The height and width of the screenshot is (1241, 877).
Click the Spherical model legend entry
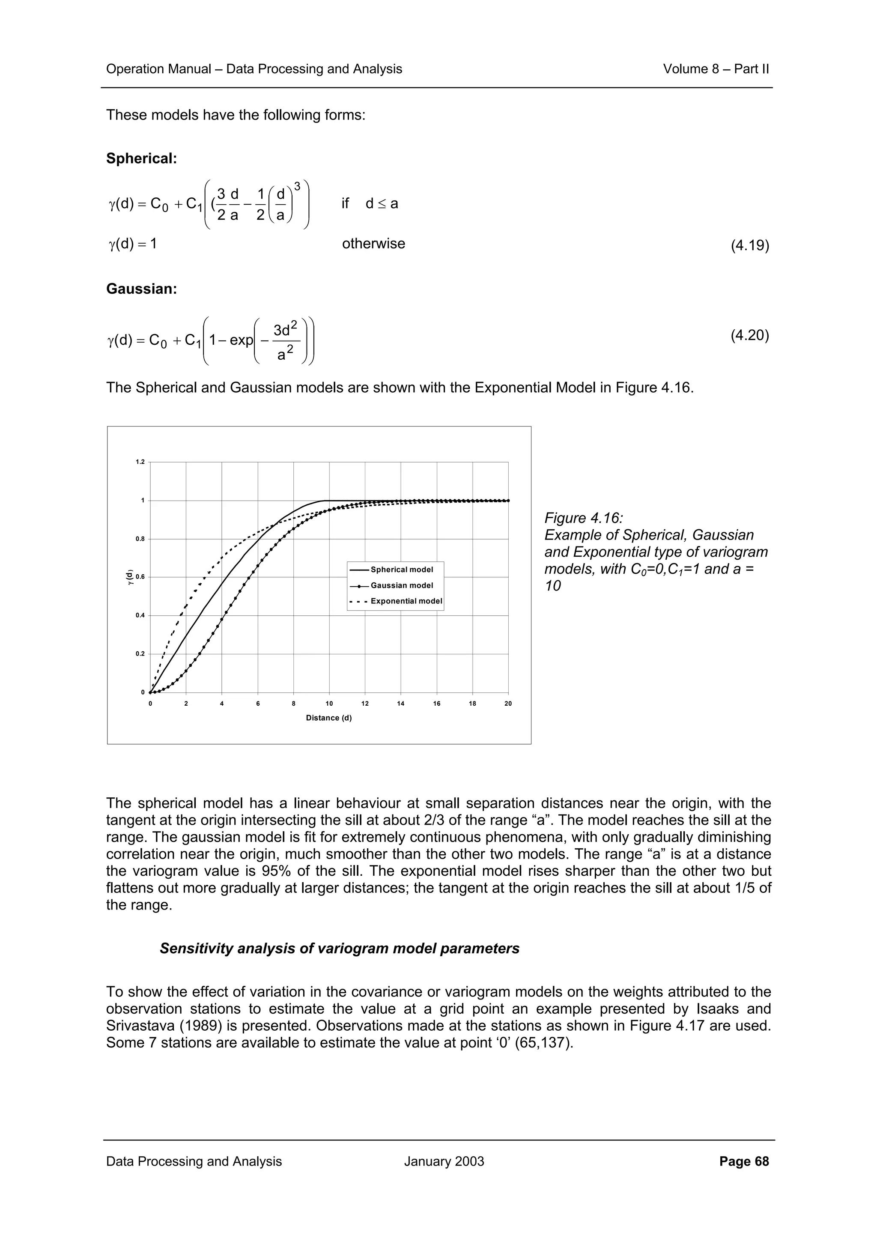click(x=402, y=570)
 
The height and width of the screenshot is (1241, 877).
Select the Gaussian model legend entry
click(x=402, y=585)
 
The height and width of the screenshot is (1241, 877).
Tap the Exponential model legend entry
click(x=406, y=601)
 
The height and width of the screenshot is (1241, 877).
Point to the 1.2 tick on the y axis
click(x=140, y=462)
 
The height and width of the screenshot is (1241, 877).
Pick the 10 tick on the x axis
click(x=329, y=704)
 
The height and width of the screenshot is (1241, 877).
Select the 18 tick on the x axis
click(x=472, y=704)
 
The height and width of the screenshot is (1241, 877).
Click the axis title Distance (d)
click(x=328, y=718)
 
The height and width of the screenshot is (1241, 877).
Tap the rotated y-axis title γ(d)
click(x=130, y=577)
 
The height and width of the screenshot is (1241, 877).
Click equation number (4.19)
click(x=750, y=246)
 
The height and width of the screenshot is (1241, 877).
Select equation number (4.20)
click(x=750, y=336)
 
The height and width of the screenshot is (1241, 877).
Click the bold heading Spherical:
click(x=142, y=159)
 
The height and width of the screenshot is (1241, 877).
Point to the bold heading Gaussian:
click(x=142, y=289)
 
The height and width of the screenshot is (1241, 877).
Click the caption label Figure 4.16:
click(x=584, y=518)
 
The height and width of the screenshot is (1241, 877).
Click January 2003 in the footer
click(x=444, y=1161)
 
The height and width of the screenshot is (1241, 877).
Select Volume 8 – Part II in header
click(x=716, y=69)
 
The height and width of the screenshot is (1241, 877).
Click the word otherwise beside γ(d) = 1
click(x=373, y=244)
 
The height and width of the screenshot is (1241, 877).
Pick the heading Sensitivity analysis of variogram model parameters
click(x=339, y=949)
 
